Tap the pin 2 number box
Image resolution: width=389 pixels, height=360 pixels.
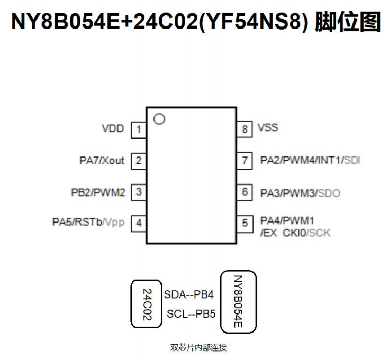point(139,161)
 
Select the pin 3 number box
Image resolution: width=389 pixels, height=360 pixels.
point(139,192)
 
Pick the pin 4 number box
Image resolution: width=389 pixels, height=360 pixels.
point(139,223)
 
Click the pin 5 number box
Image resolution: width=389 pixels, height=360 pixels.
point(245,223)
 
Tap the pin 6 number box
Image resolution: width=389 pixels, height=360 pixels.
point(245,192)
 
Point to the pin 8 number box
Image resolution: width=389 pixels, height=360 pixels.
point(245,129)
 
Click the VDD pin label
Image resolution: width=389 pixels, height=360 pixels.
point(113,128)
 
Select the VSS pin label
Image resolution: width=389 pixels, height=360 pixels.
point(268,128)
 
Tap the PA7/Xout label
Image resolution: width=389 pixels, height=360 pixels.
point(98,160)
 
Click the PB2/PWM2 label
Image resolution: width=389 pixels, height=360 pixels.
point(98,192)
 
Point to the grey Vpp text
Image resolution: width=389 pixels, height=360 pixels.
point(114,223)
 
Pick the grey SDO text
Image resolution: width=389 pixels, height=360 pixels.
point(329,193)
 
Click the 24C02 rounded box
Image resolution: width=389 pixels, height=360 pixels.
point(147,304)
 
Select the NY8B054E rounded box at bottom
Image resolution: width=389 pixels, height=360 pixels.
point(238,302)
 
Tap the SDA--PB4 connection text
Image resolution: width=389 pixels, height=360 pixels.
point(189,294)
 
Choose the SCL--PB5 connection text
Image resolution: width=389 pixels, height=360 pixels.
point(191,314)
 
